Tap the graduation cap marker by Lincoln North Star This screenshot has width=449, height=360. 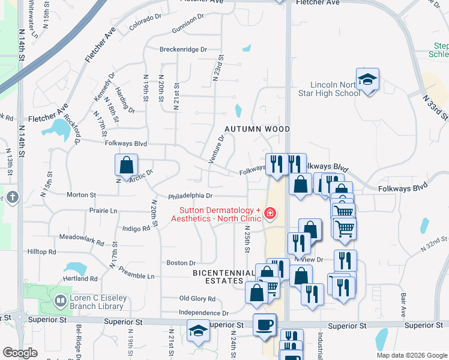click(367, 79)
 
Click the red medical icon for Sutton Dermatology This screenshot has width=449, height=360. click(270, 213)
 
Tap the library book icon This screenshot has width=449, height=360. click(60, 300)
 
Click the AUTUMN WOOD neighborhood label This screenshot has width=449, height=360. click(257, 129)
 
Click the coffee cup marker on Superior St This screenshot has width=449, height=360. click(265, 325)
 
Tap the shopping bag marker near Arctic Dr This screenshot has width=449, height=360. click(127, 165)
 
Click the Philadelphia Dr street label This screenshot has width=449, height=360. click(190, 196)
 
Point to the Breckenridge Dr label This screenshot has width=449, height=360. click(183, 50)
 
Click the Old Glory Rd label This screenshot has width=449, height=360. click(197, 298)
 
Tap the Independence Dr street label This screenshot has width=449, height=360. click(203, 313)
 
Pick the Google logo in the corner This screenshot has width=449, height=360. click(20, 353)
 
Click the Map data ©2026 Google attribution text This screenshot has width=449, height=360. click(411, 355)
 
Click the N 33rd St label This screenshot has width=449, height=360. click(435, 106)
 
